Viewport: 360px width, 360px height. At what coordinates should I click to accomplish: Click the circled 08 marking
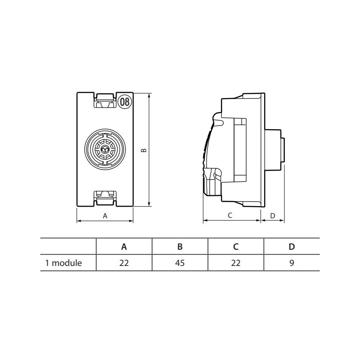tap(125, 102)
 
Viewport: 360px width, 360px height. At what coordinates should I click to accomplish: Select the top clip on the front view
tap(105, 101)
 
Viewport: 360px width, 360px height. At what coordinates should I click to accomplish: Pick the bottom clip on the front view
tap(105, 198)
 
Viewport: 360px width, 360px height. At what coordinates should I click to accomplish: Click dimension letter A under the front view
tap(105, 216)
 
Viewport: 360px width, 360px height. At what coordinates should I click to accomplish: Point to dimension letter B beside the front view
tap(144, 150)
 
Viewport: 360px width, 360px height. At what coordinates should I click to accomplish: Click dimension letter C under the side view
tap(230, 216)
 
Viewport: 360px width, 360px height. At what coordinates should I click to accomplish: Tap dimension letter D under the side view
tap(273, 216)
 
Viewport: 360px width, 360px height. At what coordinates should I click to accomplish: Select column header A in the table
tap(124, 247)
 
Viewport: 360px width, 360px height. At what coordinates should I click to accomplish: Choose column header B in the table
tap(180, 247)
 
